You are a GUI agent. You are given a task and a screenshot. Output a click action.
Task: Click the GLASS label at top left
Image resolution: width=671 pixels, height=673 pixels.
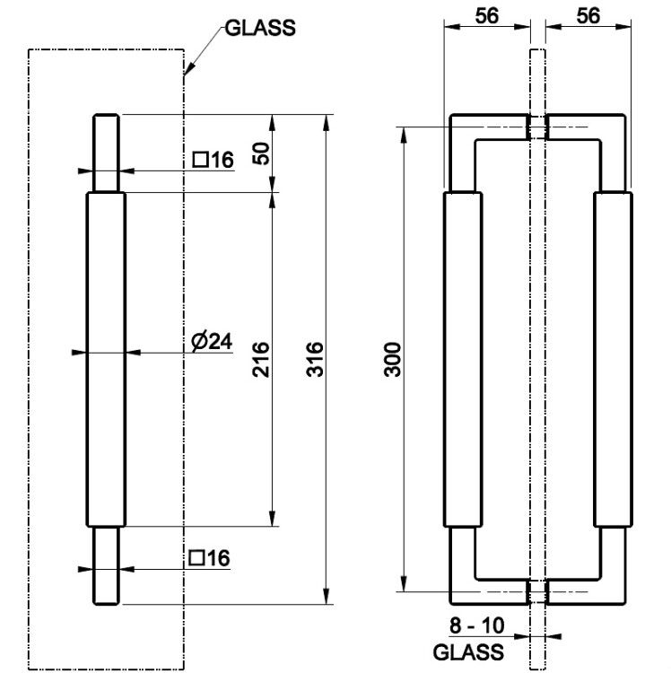tap(260, 29)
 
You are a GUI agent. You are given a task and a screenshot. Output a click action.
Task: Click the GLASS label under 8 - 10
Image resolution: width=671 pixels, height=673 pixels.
tap(468, 652)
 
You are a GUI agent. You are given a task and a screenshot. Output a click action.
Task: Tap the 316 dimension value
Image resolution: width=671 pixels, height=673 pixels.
tap(315, 359)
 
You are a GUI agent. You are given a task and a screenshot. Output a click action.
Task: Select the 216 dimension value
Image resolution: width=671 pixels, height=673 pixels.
tap(261, 359)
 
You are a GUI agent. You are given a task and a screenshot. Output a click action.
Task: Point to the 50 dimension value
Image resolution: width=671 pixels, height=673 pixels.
tap(261, 153)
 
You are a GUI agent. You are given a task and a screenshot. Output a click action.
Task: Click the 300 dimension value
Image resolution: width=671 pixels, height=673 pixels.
tap(392, 359)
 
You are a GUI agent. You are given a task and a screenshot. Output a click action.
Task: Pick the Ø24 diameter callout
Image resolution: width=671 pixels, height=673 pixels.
tap(212, 342)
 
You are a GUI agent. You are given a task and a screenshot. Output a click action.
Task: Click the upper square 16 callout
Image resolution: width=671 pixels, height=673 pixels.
tap(213, 160)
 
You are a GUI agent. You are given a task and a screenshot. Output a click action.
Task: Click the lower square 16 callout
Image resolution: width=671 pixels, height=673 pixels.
tap(209, 558)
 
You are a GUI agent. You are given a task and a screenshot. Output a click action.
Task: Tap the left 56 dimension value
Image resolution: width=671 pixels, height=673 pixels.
tap(487, 16)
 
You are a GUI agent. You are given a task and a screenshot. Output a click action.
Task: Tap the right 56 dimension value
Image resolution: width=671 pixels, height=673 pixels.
tap(588, 16)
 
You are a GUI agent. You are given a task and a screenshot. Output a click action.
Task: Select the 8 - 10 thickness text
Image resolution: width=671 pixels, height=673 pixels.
tap(476, 625)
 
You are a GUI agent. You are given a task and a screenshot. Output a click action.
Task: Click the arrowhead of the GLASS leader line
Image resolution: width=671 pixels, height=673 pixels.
tap(188, 69)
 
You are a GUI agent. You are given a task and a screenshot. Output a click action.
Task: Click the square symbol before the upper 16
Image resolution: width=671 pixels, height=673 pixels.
tap(200, 160)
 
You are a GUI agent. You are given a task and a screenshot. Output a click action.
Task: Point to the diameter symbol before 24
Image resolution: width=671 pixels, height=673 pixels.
tap(200, 342)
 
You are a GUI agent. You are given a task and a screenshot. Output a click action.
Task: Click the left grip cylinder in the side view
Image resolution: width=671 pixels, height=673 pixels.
tap(463, 359)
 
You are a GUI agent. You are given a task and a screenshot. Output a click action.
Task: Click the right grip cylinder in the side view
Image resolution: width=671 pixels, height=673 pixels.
tap(613, 359)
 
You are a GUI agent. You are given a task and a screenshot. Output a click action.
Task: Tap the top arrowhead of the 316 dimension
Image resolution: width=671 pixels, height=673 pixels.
tap(326, 122)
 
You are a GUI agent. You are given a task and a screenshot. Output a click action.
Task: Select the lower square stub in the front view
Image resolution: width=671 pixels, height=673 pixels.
tap(106, 565)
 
